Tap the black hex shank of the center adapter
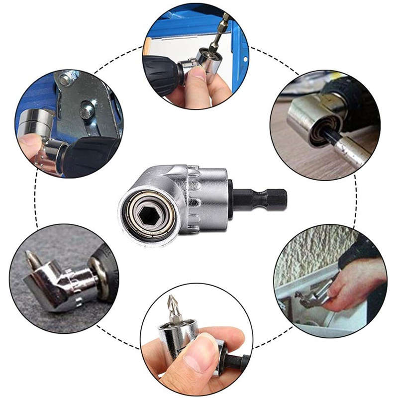pos(261,199)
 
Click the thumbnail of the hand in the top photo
pos(199,75)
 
